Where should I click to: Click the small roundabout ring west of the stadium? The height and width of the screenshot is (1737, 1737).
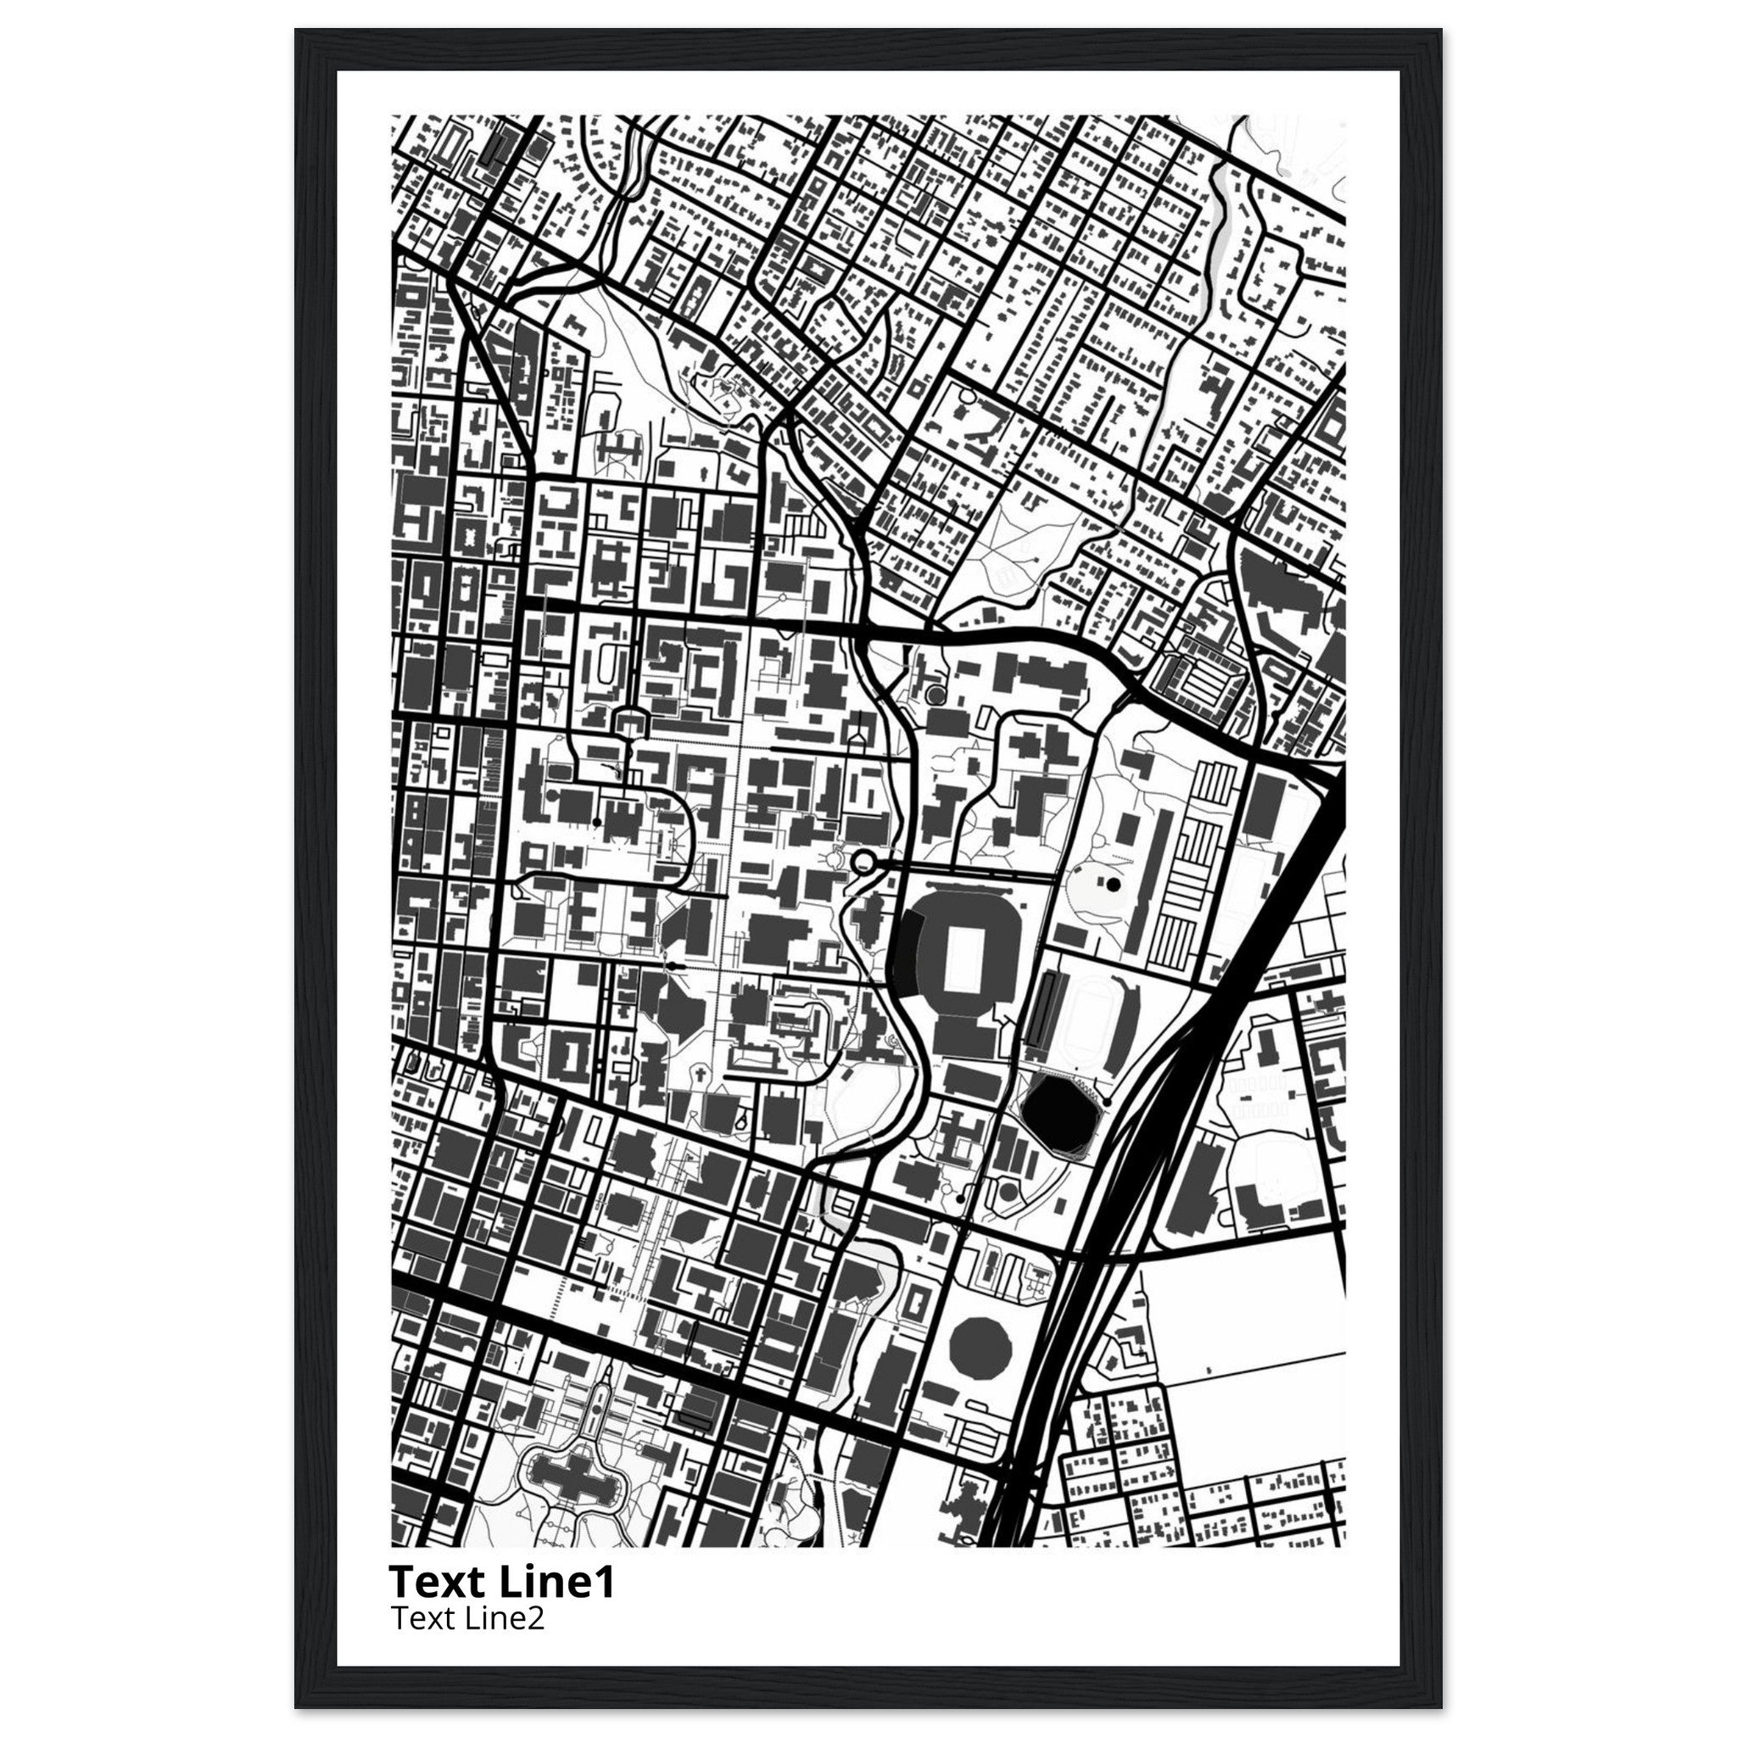click(x=864, y=863)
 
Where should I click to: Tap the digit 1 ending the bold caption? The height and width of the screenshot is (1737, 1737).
click(x=604, y=1582)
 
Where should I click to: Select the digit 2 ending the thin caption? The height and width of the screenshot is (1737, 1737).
click(x=537, y=1618)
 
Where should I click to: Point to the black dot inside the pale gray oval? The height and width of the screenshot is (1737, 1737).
click(x=1113, y=885)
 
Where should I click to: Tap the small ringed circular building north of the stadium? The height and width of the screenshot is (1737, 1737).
click(x=936, y=694)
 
